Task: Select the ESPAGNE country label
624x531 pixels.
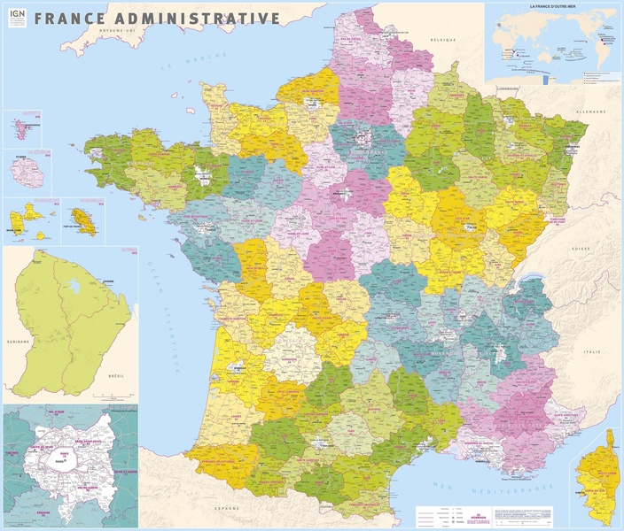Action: tap(228, 510)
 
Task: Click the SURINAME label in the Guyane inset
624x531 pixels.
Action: tap(19, 341)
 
